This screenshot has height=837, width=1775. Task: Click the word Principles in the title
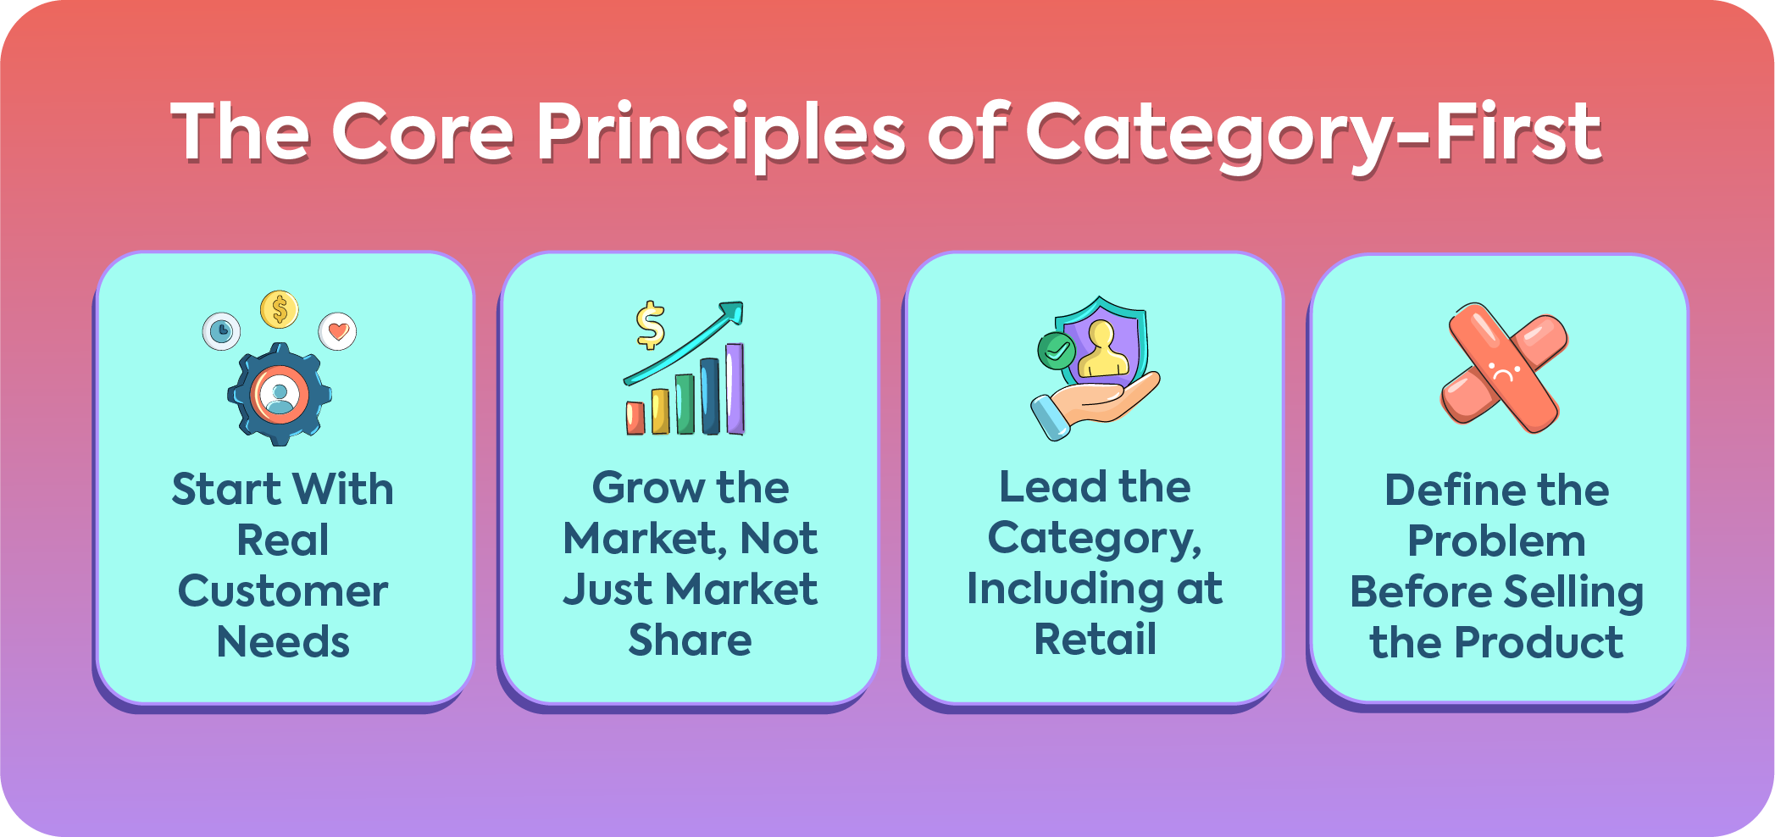(721, 134)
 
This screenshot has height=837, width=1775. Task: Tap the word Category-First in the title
(1313, 134)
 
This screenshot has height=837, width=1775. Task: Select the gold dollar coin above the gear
(280, 309)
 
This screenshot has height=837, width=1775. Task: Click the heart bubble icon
(337, 331)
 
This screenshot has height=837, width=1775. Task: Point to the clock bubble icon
(222, 330)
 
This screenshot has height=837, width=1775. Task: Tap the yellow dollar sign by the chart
(650, 325)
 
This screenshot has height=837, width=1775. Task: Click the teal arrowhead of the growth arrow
(730, 313)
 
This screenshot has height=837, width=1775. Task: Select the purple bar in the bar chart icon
(735, 389)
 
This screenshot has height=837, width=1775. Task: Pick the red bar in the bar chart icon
(635, 417)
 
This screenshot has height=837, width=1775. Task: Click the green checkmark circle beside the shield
(1057, 350)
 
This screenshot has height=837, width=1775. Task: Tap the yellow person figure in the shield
(1102, 349)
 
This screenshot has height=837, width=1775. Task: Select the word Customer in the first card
(283, 591)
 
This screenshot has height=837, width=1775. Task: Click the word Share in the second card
(690, 641)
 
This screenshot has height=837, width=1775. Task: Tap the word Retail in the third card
(1095, 640)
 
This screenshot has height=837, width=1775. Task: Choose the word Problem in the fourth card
(1496, 542)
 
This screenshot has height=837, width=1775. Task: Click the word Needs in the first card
(283, 642)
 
